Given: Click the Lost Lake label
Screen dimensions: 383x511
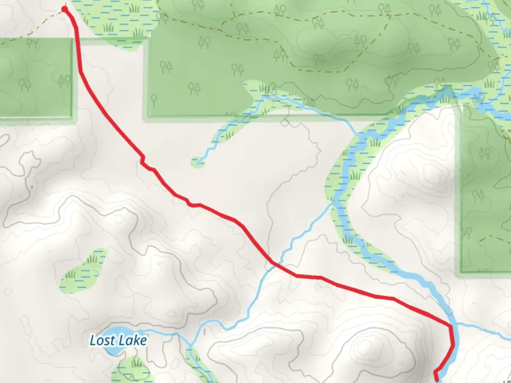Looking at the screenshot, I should click(118, 340).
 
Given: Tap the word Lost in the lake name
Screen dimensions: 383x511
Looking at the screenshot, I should click(102, 340).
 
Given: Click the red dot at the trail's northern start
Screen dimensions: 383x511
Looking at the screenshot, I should click(65, 9).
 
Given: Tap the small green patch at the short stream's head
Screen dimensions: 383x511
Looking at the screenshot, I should click(197, 162).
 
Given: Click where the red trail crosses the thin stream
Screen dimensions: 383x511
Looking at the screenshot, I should click(274, 263).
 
